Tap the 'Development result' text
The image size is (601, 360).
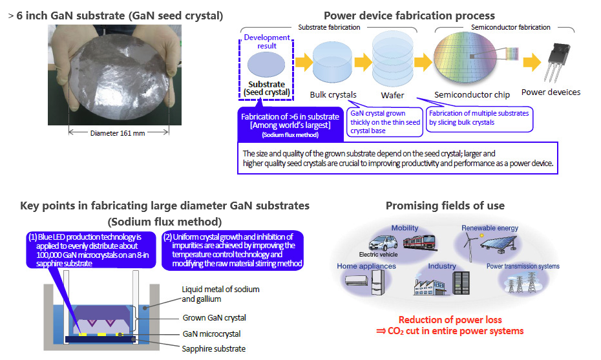pos(267,42)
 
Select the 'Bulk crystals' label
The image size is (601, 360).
pos(333,94)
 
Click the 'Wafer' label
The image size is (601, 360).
pos(392,94)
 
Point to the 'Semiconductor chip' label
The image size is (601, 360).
pos(472,94)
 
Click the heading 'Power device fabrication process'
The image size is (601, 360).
pos(409,16)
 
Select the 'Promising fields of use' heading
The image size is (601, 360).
pos(445,206)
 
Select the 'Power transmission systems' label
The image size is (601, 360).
pos(523,266)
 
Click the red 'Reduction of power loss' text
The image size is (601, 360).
pos(450,320)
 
